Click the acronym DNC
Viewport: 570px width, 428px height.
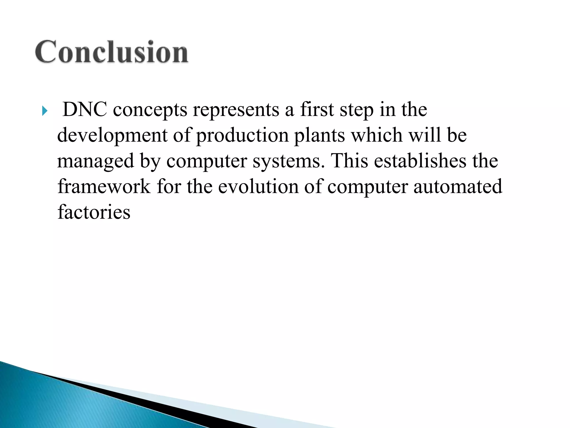pyautogui.click(x=85, y=110)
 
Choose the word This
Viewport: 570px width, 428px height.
pyautogui.click(x=350, y=161)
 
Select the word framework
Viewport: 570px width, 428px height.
pyautogui.click(x=104, y=186)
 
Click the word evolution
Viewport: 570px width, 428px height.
pyautogui.click(x=258, y=186)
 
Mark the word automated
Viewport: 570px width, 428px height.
pyautogui.click(x=458, y=186)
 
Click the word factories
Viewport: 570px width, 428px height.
pyautogui.click(x=94, y=212)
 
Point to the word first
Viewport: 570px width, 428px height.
pyautogui.click(x=317, y=110)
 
